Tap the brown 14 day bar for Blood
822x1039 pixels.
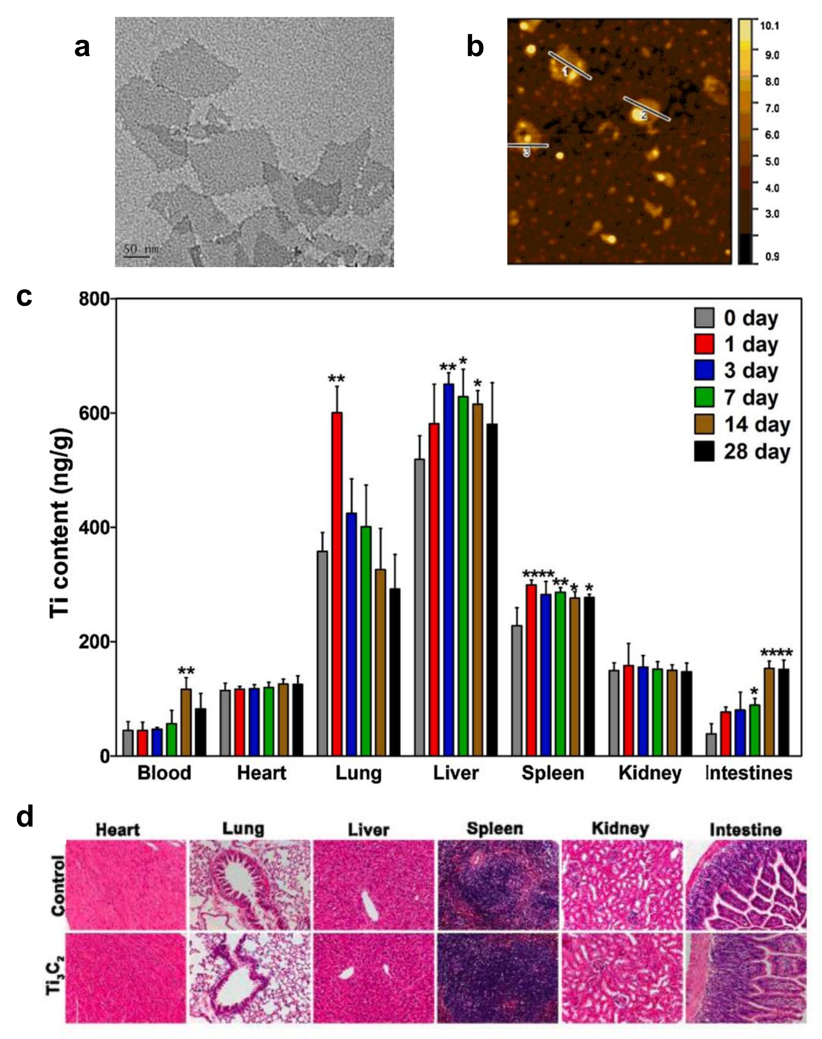point(186,722)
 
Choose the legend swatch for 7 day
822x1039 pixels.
point(704,398)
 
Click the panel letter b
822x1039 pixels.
point(475,47)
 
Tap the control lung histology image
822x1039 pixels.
point(250,885)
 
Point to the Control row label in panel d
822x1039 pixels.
point(57,885)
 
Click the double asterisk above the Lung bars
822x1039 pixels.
point(336,379)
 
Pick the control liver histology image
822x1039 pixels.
point(373,885)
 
